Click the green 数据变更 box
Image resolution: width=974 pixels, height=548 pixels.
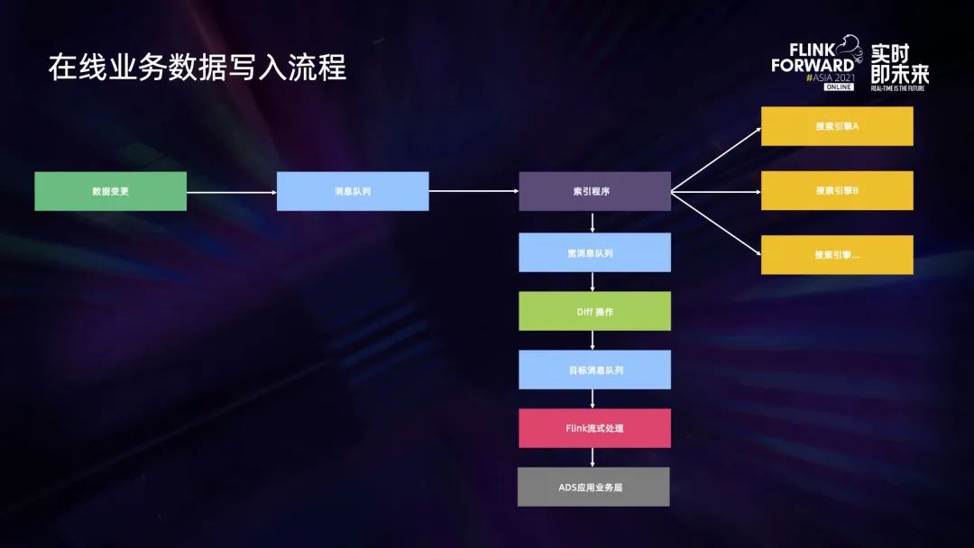coord(110,191)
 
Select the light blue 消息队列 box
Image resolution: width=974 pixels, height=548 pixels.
coord(352,191)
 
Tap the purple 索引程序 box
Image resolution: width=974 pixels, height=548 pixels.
coord(594,191)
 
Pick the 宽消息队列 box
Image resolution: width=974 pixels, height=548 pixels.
coord(594,252)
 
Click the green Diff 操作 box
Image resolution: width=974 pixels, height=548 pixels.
coord(594,311)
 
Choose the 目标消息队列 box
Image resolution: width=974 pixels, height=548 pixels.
coord(594,370)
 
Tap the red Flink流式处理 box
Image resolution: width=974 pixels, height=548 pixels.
coord(594,428)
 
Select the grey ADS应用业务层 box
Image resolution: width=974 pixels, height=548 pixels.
coord(594,487)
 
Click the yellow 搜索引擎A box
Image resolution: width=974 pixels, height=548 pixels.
coord(837,126)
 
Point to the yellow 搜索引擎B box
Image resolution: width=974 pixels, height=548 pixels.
coord(837,190)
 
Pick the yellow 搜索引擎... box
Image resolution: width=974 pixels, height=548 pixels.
coord(837,255)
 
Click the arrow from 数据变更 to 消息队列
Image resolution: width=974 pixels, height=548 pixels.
coord(231,191)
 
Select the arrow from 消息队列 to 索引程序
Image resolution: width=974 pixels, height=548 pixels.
coord(473,191)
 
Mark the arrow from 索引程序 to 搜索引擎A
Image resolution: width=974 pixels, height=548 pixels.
coord(716,159)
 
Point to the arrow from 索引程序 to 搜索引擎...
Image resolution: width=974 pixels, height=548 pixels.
coord(716,223)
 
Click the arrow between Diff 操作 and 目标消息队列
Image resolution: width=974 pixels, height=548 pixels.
coord(593,340)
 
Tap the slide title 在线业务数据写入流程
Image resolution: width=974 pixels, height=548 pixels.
coord(198,68)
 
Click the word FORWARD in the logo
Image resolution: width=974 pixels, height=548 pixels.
coord(813,65)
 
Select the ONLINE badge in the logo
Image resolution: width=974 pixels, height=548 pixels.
coord(838,87)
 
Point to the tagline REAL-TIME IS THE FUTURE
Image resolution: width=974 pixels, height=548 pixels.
coord(898,88)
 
